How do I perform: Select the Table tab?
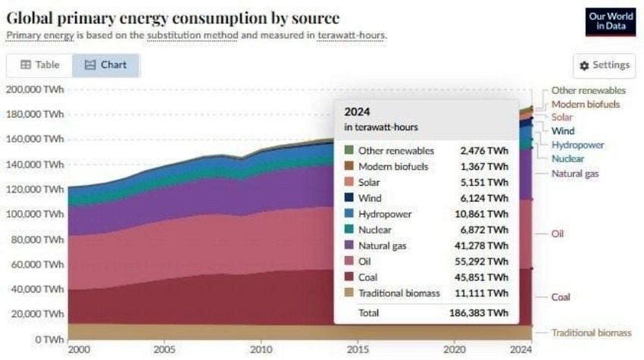[39, 65]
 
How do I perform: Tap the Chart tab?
[106, 65]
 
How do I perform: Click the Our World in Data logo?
[611, 21]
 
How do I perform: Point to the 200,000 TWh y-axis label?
[35, 89]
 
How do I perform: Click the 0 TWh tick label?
[48, 339]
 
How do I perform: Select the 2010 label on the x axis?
[261, 350]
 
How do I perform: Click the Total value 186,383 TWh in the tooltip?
[479, 313]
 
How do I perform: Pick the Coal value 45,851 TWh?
[484, 277]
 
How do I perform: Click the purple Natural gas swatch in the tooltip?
[349, 244]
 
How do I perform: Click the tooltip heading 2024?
[356, 112]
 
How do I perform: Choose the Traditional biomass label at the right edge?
[591, 333]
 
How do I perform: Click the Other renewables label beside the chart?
[588, 90]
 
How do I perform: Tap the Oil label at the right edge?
[558, 234]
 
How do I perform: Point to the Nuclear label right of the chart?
[567, 158]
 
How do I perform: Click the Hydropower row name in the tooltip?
[385, 214]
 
